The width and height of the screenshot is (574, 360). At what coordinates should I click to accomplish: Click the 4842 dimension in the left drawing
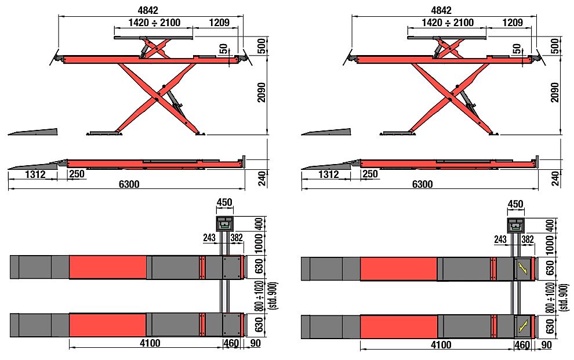(148, 10)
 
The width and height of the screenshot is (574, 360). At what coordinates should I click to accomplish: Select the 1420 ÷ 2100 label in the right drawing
(448, 23)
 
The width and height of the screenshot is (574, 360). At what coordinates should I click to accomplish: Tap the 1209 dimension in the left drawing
(219, 23)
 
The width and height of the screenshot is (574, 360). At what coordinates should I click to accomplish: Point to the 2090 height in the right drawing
(555, 92)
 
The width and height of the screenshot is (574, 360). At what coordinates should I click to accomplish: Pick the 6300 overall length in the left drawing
(129, 184)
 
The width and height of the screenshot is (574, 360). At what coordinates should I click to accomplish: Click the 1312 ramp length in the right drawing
(328, 174)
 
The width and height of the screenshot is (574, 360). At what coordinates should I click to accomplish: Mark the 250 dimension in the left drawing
(77, 174)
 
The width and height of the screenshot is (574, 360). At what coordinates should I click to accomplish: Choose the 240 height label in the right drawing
(555, 178)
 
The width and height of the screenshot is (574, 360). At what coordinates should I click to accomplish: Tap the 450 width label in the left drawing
(224, 202)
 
